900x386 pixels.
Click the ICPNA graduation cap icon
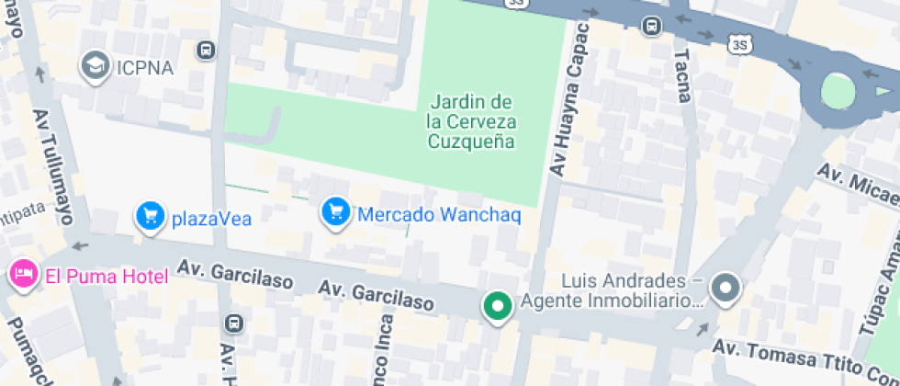(94, 65)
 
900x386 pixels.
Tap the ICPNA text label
(143, 66)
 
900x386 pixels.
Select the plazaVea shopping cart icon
(150, 217)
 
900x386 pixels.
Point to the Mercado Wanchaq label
(439, 215)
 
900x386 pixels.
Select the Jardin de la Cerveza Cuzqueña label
(471, 121)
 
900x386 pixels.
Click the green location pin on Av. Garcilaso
(499, 306)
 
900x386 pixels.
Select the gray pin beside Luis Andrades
(726, 289)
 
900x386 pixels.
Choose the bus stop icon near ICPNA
(207, 49)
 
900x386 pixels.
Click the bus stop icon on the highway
(652, 26)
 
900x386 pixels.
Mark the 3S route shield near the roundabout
(740, 43)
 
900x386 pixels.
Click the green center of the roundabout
(837, 91)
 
